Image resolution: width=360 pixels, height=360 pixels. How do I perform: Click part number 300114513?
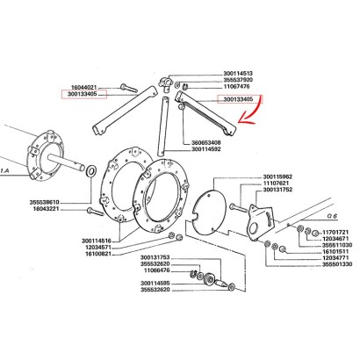(238, 73)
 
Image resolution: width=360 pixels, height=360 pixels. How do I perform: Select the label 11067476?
(236, 86)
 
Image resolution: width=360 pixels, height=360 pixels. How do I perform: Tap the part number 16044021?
(83, 88)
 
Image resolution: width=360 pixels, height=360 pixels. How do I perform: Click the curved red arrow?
(249, 111)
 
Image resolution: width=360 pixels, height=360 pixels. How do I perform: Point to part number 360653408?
(206, 143)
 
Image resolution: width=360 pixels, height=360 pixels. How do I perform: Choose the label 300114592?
(206, 149)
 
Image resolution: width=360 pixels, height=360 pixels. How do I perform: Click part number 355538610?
(45, 203)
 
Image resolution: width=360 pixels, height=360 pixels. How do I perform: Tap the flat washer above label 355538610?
(91, 171)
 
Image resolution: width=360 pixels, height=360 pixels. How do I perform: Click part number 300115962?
(277, 176)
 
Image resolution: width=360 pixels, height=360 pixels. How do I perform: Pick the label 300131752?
(277, 190)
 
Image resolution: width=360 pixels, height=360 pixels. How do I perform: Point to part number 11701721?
(335, 232)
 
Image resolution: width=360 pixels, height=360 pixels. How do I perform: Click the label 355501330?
(337, 264)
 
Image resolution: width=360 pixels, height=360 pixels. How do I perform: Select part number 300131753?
(155, 257)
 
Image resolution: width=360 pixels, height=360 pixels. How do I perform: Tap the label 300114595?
(155, 284)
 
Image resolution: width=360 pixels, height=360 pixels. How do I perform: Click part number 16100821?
(98, 254)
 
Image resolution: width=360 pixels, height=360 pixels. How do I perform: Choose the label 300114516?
(97, 241)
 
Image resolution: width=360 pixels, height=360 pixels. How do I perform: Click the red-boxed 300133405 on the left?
(84, 94)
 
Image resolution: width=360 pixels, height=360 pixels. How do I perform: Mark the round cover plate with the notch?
(210, 213)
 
